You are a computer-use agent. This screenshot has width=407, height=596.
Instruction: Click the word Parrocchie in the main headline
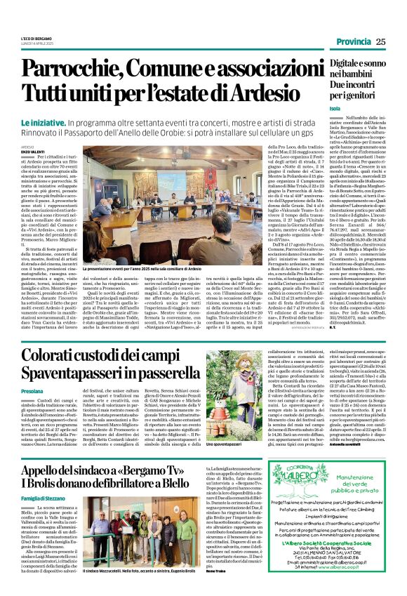[77, 69]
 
